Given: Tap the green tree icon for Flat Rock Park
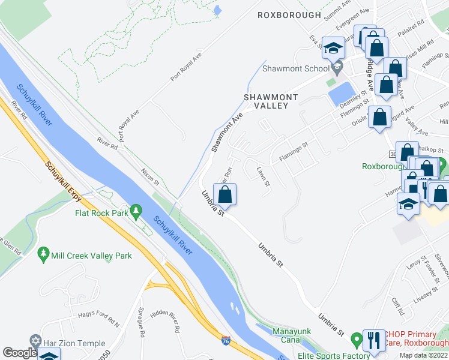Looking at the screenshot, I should [x=136, y=211].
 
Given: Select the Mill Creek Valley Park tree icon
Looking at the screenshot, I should [x=43, y=254].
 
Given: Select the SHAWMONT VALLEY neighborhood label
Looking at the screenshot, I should [x=266, y=101].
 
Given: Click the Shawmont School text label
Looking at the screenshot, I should [x=300, y=68].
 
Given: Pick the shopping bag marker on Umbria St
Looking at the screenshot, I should [x=224, y=194].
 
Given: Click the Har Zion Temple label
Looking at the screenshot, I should [x=75, y=340].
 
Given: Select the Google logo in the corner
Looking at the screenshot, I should [x=20, y=353].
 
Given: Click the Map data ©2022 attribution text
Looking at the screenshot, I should [x=423, y=355].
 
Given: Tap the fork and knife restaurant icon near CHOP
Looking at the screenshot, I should [x=375, y=340].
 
